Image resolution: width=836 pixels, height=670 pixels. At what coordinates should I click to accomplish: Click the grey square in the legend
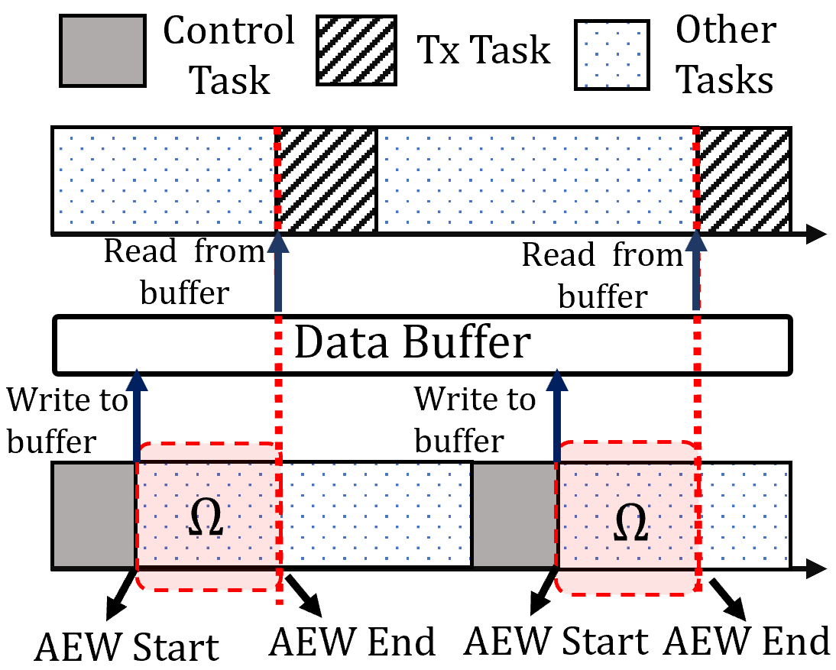click(102, 50)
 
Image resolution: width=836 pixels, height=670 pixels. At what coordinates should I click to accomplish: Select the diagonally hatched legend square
click(356, 50)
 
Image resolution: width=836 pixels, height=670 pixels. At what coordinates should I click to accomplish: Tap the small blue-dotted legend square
click(611, 55)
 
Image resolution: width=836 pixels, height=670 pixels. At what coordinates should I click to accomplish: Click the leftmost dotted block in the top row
click(164, 180)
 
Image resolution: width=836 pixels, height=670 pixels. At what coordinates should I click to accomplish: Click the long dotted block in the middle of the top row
click(535, 180)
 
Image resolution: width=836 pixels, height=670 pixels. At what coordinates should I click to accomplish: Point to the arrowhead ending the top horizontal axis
click(817, 235)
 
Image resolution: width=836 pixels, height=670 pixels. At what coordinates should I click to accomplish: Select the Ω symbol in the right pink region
click(630, 523)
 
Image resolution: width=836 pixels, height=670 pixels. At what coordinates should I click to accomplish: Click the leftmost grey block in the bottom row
click(94, 515)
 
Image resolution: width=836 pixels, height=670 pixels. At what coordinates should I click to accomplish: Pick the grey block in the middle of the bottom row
click(514, 515)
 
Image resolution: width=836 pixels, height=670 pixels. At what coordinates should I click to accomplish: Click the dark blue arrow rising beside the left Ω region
click(137, 416)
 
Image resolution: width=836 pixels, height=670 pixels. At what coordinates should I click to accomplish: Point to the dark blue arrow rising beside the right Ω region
click(557, 416)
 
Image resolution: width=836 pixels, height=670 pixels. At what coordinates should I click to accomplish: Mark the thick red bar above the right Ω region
click(628, 451)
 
